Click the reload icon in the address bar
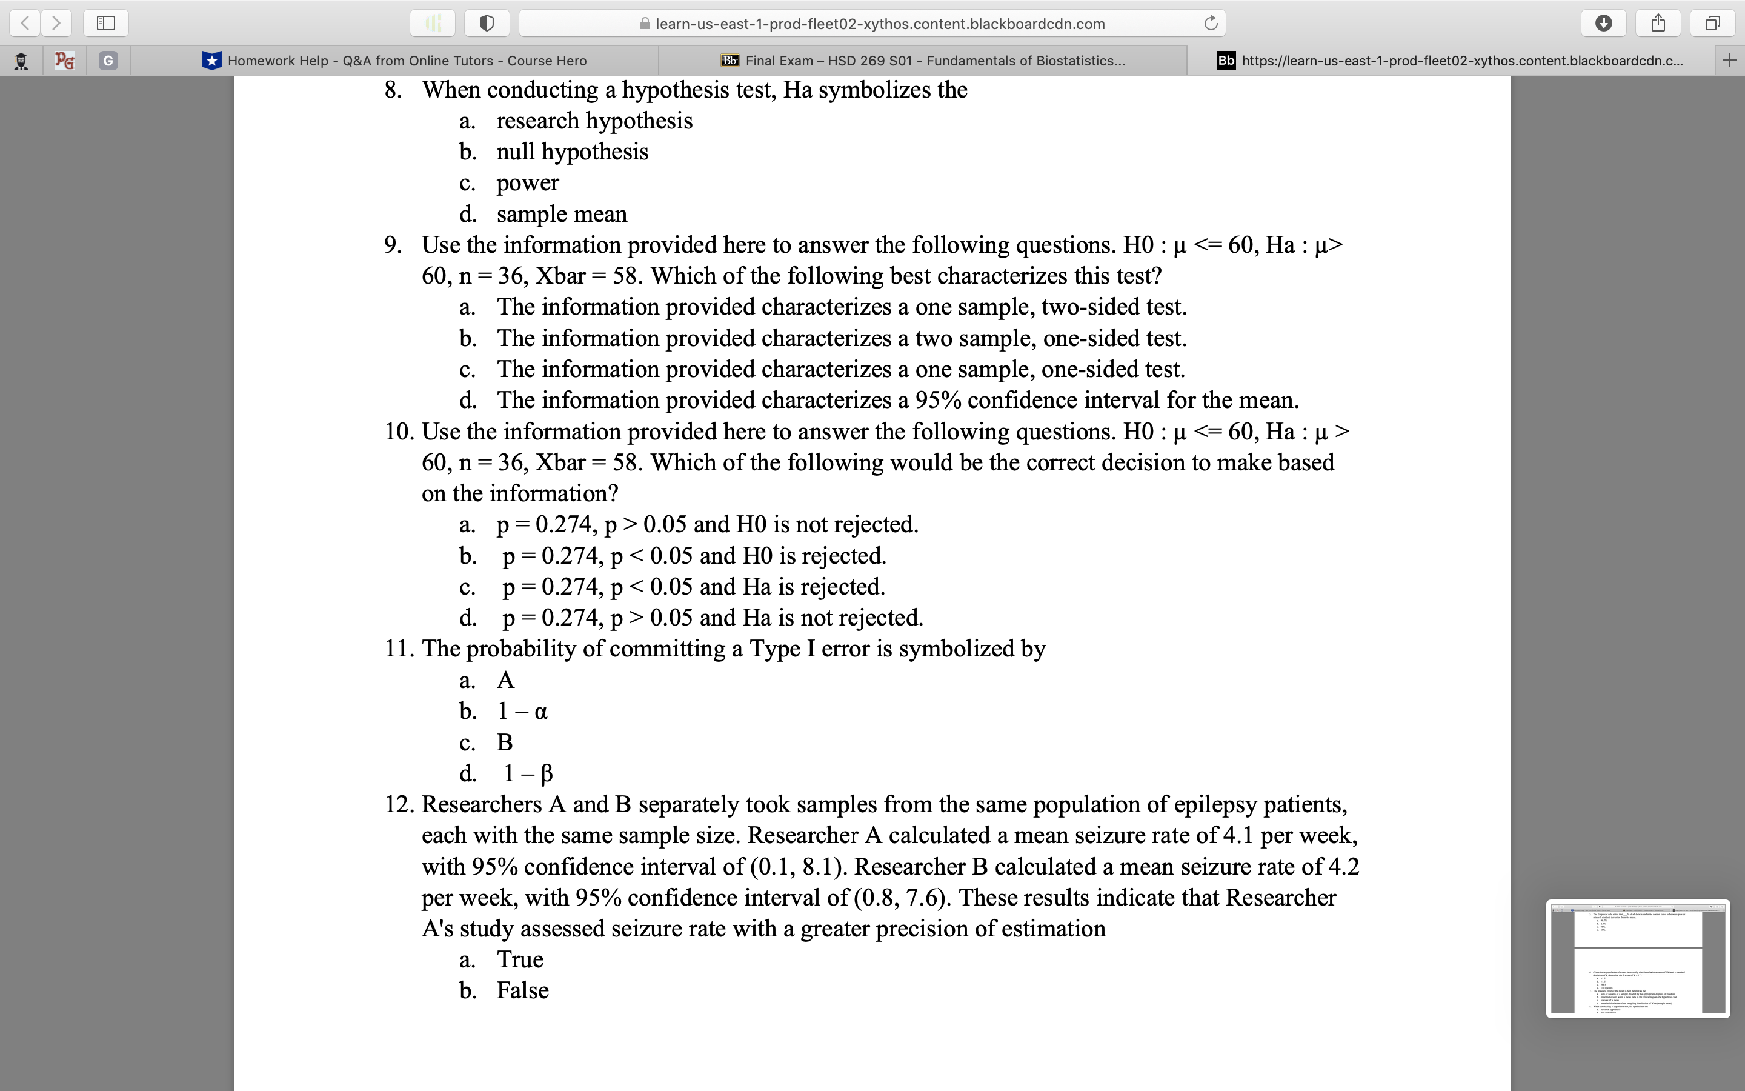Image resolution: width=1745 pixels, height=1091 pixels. click(x=1211, y=23)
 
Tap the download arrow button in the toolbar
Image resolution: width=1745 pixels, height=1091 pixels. click(x=1603, y=23)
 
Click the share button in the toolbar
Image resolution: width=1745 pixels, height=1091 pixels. click(x=1658, y=23)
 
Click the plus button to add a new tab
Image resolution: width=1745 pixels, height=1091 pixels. click(x=1729, y=61)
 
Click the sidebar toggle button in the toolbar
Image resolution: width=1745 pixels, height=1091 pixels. click(x=106, y=23)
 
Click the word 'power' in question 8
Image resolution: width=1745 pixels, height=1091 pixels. click(x=527, y=182)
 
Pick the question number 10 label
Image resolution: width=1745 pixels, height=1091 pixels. click(x=399, y=432)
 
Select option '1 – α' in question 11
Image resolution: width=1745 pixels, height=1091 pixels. click(x=522, y=712)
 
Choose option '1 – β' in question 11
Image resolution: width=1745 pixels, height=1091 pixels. click(x=528, y=773)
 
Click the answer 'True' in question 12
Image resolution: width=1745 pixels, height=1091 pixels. click(x=519, y=959)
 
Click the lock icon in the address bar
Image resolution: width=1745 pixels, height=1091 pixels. click(x=645, y=24)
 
